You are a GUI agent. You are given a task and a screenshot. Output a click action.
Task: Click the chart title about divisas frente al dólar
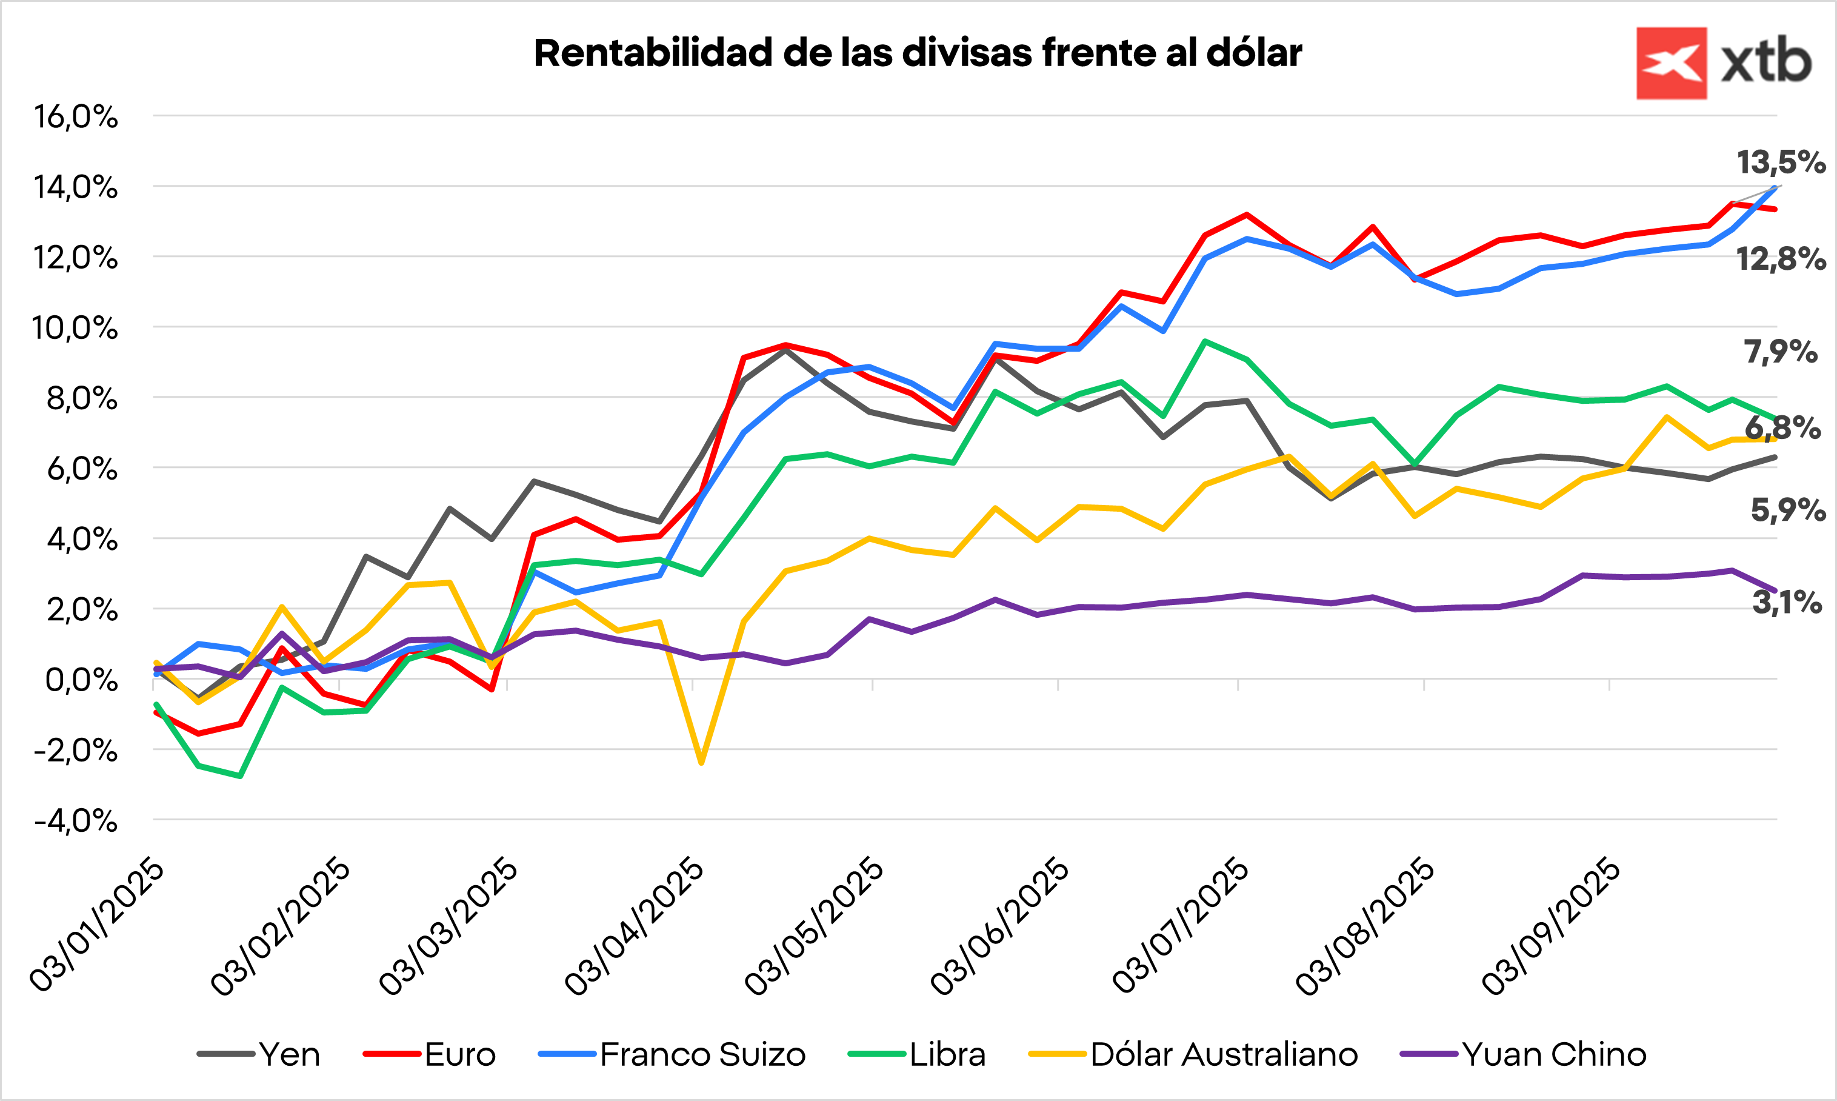[918, 53]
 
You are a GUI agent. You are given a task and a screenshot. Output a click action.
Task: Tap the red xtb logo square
[1671, 63]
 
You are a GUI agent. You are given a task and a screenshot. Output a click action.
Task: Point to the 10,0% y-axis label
[74, 328]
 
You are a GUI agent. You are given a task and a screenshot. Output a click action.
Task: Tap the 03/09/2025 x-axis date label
[1551, 926]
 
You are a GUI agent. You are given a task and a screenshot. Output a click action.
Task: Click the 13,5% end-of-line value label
[1781, 162]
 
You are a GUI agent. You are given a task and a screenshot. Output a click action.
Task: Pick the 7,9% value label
[1780, 352]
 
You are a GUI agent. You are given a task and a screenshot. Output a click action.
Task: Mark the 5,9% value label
[1787, 510]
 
